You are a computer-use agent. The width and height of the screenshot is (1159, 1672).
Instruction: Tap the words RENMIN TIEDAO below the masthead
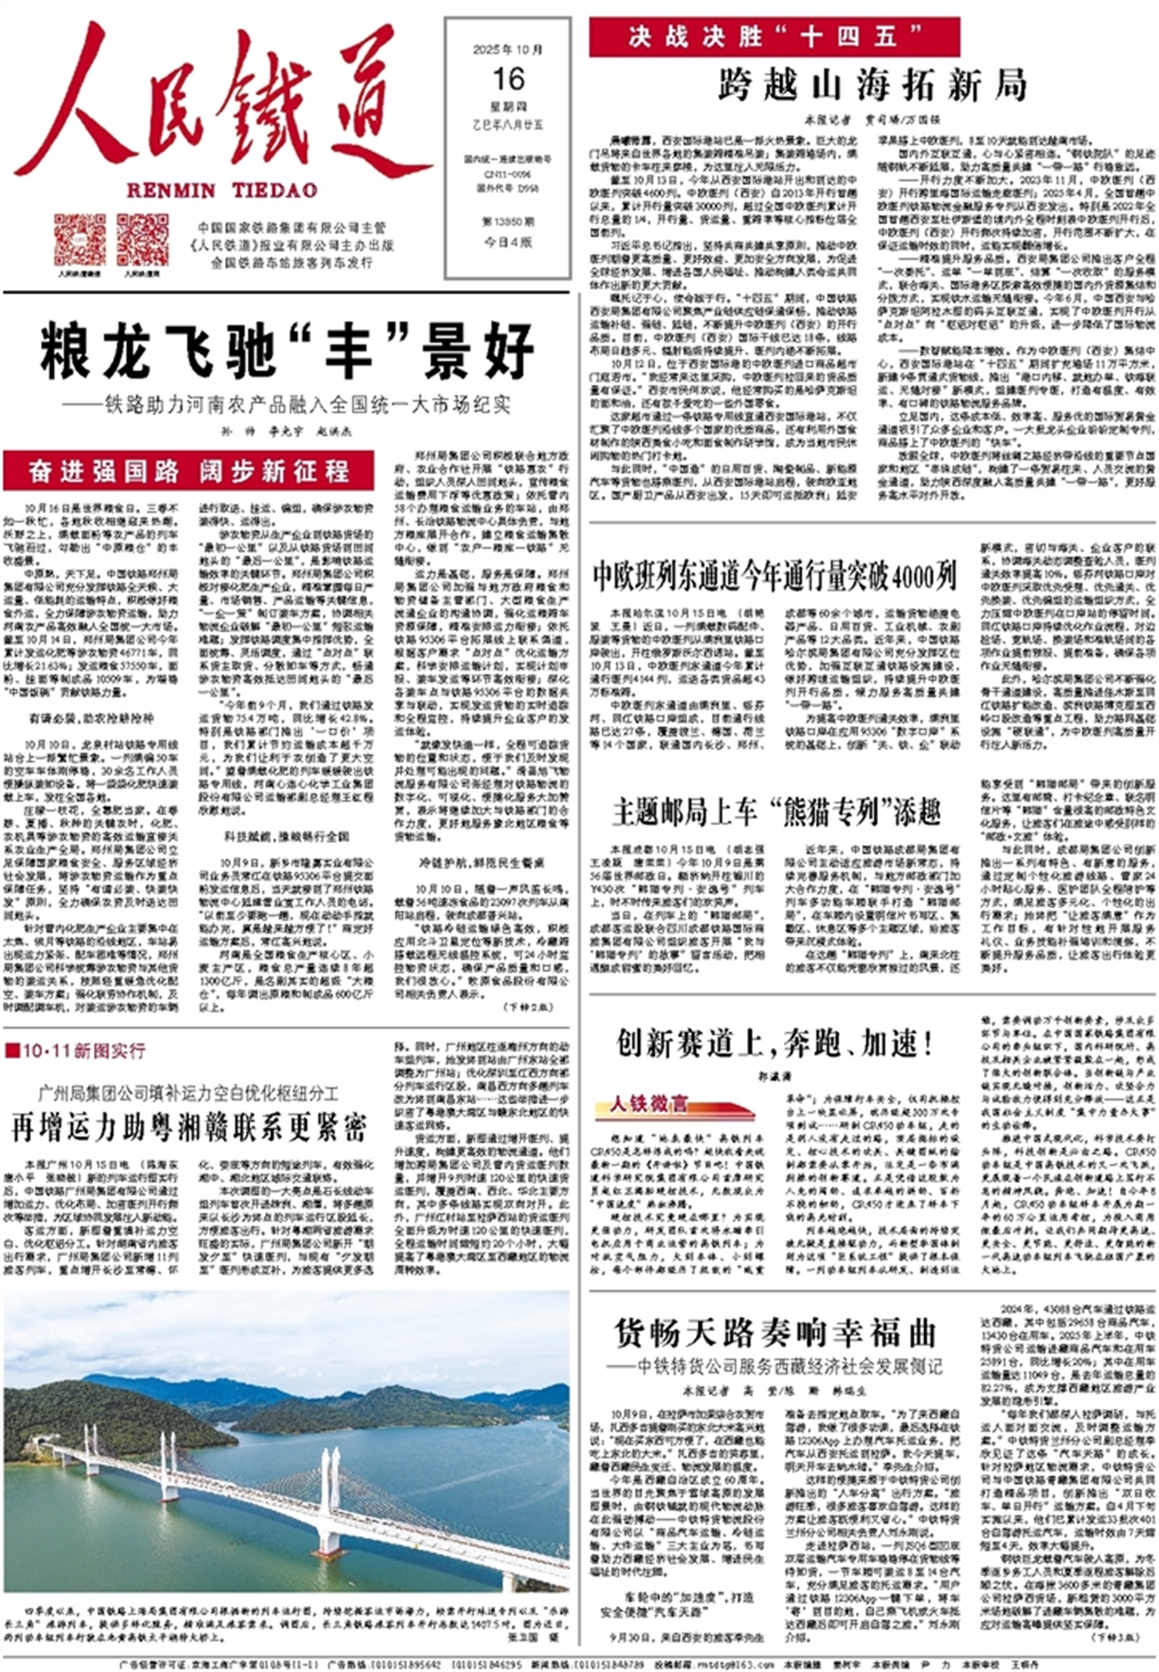[x=221, y=191]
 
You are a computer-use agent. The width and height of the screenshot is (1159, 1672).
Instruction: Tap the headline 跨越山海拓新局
[x=872, y=86]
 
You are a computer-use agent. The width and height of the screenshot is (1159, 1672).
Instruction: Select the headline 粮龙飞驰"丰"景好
[x=287, y=352]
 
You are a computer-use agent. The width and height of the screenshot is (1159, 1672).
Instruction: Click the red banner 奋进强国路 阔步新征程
[x=189, y=472]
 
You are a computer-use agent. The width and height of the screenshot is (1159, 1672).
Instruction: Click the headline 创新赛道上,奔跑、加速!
[x=776, y=1044]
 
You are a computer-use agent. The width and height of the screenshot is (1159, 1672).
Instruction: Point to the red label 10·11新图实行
[x=76, y=1050]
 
